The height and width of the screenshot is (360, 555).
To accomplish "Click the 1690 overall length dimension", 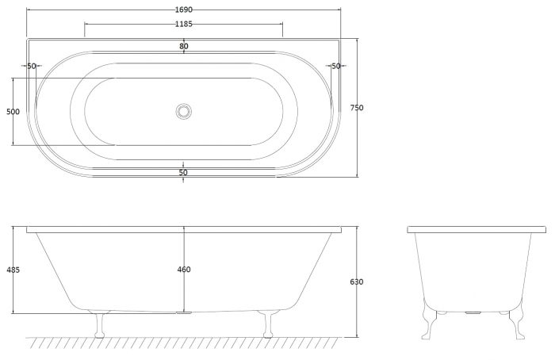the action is [184, 10].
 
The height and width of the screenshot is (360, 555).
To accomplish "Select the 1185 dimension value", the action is [184, 24].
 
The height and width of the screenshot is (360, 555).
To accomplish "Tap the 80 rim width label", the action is [184, 46].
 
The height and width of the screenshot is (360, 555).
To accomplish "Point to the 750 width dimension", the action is [357, 108].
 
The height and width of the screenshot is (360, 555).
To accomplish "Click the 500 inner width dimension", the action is [13, 112].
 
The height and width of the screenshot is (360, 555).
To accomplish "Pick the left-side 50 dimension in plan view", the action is [32, 66].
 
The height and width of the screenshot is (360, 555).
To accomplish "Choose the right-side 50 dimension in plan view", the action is [335, 66].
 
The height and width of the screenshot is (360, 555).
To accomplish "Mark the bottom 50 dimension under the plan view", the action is [183, 172].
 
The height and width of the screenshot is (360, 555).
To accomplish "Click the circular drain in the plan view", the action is [184, 112].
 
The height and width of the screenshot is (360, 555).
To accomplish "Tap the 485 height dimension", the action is [13, 270].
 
